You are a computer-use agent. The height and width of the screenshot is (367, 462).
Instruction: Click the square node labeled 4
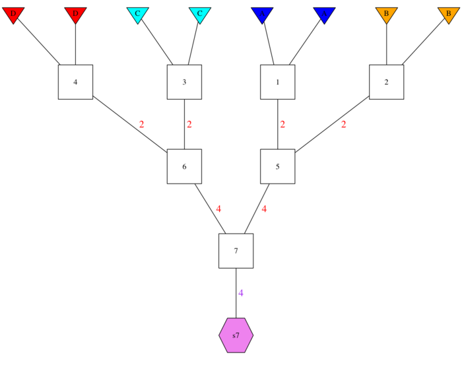click(75, 82)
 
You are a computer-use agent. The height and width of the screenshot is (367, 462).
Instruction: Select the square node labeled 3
click(184, 82)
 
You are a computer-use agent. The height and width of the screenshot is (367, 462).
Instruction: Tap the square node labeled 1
click(277, 82)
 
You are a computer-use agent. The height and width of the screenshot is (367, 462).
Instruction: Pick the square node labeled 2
click(386, 82)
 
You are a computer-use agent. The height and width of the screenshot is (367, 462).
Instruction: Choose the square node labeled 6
click(184, 166)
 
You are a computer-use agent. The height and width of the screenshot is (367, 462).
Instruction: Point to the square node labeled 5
click(277, 166)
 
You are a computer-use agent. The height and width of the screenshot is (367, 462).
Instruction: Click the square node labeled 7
click(236, 251)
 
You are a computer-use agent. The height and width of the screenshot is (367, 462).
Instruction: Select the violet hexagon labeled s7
click(236, 335)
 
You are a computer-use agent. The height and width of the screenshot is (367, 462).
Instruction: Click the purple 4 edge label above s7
click(241, 293)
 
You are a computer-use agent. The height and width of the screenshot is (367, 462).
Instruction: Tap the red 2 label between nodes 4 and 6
click(141, 125)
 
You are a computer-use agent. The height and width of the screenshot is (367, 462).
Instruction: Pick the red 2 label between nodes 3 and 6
click(189, 125)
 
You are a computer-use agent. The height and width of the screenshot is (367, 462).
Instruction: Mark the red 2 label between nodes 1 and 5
click(282, 125)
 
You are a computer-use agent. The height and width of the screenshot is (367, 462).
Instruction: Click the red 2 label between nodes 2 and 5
click(343, 125)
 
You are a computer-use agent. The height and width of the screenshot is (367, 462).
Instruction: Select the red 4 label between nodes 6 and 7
click(218, 209)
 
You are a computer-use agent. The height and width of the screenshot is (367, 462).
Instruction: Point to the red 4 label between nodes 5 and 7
click(264, 209)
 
